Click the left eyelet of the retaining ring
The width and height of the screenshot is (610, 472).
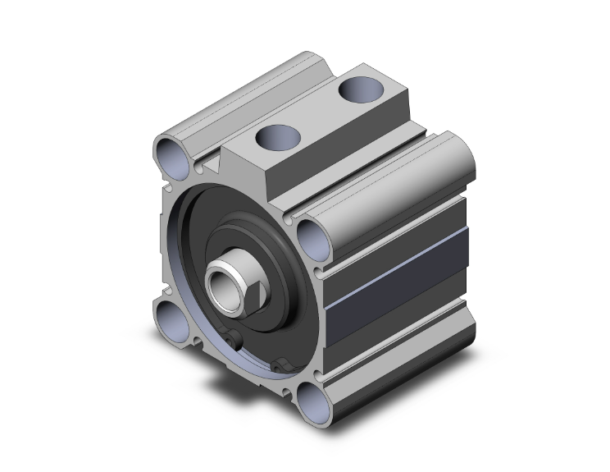pyautogui.click(x=232, y=342)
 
